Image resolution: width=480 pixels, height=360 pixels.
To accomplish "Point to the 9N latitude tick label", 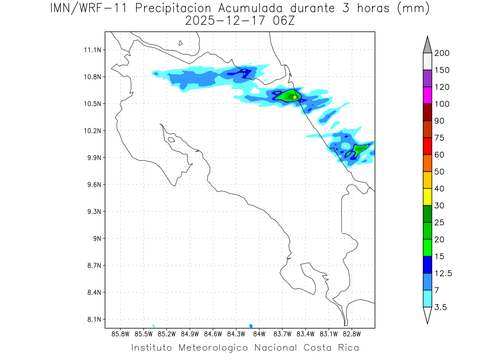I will click(95, 238).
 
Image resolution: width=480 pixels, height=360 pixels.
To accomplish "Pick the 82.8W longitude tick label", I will click(352, 334).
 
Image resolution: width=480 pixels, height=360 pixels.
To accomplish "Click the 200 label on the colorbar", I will click(442, 53).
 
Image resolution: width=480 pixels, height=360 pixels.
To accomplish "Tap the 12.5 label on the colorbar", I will click(443, 273).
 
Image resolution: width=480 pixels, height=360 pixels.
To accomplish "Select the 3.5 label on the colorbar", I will click(441, 307).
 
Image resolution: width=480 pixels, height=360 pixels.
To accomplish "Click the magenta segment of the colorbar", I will click(427, 95).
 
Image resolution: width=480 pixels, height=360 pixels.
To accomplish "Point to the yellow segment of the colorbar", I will click(427, 197).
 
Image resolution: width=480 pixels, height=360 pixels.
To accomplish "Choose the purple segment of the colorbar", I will click(427, 78).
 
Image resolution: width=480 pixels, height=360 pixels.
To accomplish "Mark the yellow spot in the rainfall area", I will click(295, 97).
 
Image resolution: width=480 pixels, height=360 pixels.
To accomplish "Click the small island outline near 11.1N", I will click(181, 43).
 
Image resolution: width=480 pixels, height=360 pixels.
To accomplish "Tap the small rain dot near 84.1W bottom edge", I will click(250, 326).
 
